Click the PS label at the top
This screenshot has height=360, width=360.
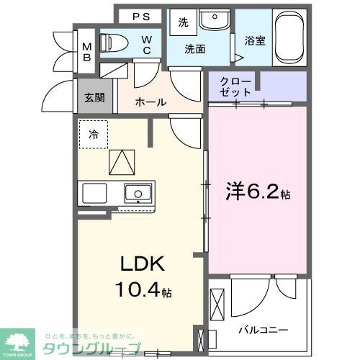pos(141,17)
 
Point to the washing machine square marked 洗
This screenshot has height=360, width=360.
pos(183,22)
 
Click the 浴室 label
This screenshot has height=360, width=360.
pos(255,41)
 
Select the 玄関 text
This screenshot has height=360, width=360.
pos(94,97)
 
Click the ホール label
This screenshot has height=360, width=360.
pos(151,103)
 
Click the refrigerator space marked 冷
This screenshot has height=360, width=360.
pos(94,134)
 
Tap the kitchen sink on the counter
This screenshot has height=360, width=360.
pos(137,193)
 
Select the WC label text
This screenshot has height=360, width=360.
pos(146,45)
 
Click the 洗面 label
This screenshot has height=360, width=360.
pos(194,50)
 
